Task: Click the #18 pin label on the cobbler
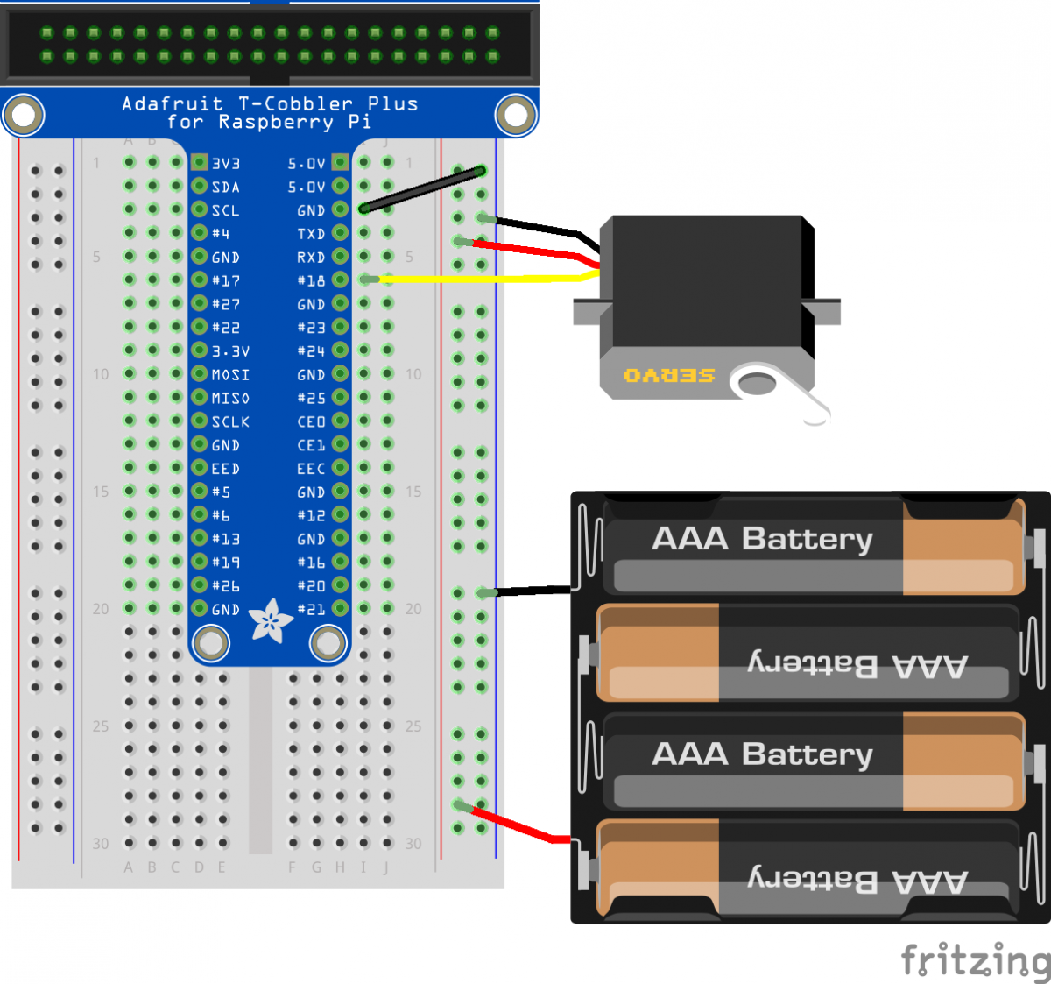311,281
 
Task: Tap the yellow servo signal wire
482,280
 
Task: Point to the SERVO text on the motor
669,376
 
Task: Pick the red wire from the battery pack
517,825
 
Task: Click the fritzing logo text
975,960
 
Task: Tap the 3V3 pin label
226,164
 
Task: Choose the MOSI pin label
230,375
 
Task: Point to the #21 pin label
311,610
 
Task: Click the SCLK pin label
230,422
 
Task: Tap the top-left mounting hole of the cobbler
24,115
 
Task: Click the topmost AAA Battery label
762,539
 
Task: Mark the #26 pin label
226,586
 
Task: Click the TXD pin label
311,234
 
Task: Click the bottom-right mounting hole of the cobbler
329,643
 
